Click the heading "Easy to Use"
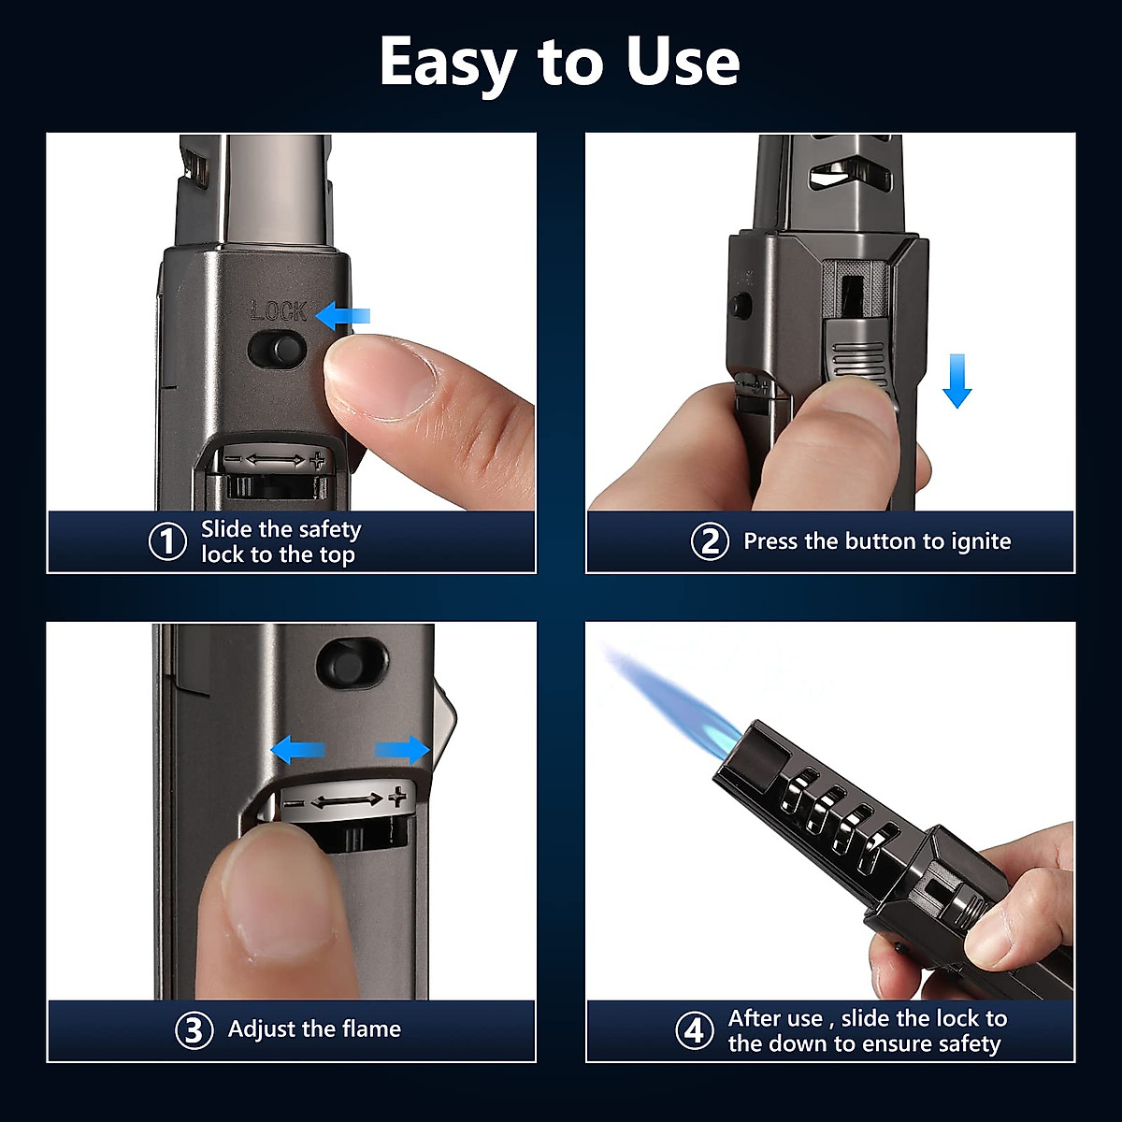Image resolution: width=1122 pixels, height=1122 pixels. point(559,63)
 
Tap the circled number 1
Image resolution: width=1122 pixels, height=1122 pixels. point(168,542)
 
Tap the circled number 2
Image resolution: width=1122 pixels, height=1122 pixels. point(710,541)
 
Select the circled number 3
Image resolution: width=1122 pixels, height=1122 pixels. point(194,1030)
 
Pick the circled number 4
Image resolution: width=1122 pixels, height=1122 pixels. point(694,1031)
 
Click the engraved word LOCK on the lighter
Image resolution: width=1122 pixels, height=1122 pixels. point(279,310)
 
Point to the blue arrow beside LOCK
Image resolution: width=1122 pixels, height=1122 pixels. point(342,317)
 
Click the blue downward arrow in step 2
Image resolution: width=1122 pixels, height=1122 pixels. point(957,381)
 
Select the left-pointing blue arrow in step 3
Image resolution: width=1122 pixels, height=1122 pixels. point(297,749)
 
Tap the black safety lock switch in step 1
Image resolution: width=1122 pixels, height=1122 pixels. point(278,351)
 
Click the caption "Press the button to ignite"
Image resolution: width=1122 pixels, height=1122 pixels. point(876,541)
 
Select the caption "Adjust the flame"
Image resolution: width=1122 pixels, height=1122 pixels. point(314,1029)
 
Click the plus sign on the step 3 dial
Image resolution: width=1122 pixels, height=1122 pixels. point(398,797)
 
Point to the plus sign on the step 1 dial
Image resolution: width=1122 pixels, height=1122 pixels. point(318,459)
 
